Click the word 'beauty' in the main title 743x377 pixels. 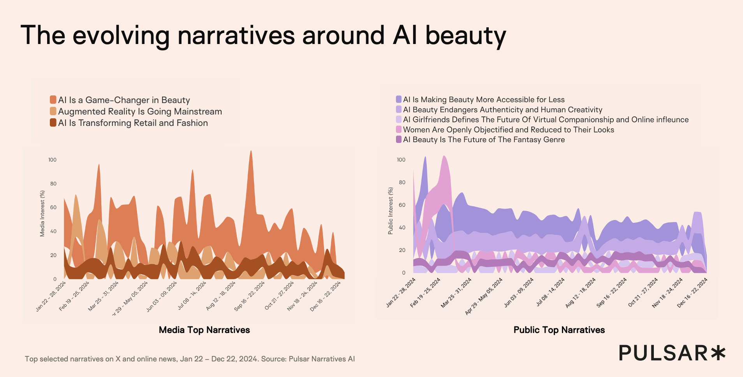(465, 36)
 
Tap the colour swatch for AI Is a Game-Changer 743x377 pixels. (53, 100)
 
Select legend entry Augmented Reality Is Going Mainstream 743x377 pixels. (140, 112)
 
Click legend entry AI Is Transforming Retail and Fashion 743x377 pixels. (133, 123)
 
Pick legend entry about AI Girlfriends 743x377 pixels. (546, 120)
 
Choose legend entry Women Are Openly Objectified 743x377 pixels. (508, 130)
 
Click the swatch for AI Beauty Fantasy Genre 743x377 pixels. (399, 139)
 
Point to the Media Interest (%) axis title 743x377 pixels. (42, 213)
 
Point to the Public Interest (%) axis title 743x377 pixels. (391, 211)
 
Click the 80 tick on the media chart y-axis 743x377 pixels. (52, 184)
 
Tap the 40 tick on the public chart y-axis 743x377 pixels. (401, 227)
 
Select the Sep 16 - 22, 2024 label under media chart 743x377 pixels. (249, 296)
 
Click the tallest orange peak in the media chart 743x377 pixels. (251, 153)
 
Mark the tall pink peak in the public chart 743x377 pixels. (444, 158)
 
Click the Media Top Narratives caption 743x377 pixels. (204, 330)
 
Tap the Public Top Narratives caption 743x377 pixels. (559, 330)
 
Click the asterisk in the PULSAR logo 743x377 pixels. (718, 353)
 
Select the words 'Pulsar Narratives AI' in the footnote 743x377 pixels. (322, 359)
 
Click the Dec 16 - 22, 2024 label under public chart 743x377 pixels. (692, 293)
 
